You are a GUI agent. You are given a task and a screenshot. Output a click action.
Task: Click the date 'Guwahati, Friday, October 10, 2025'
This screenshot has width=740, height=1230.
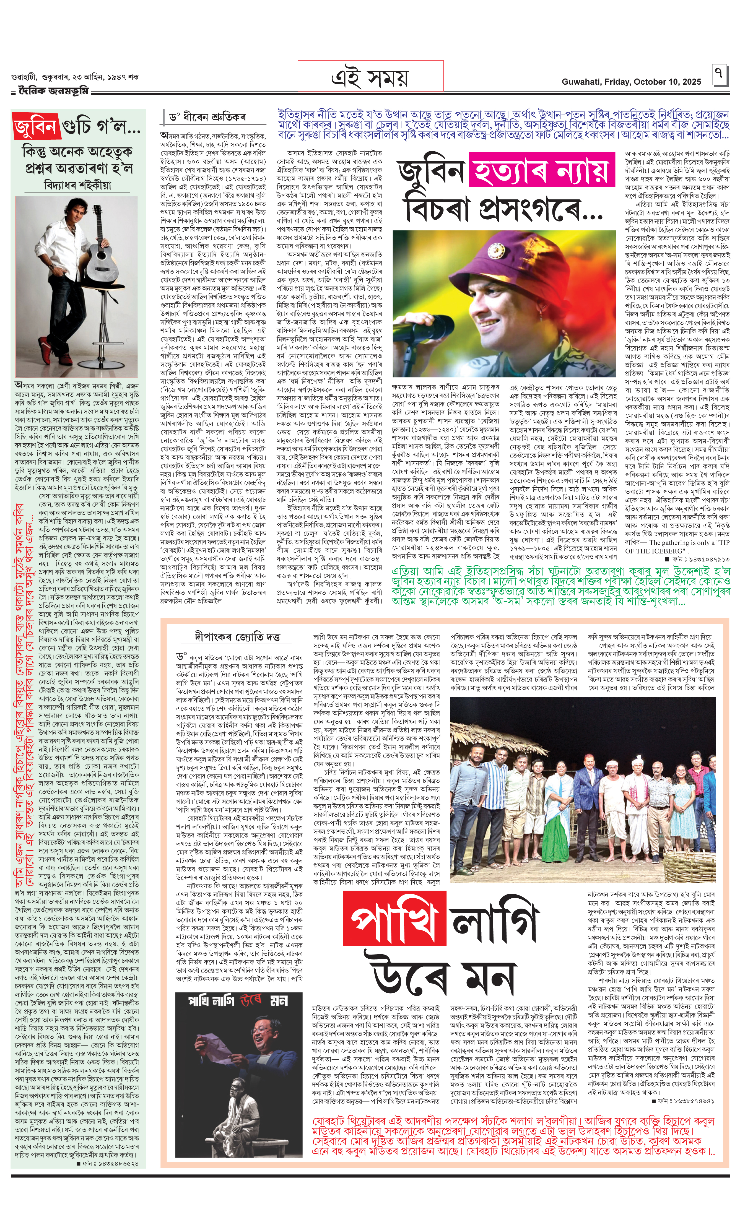pyautogui.click(x=631, y=82)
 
